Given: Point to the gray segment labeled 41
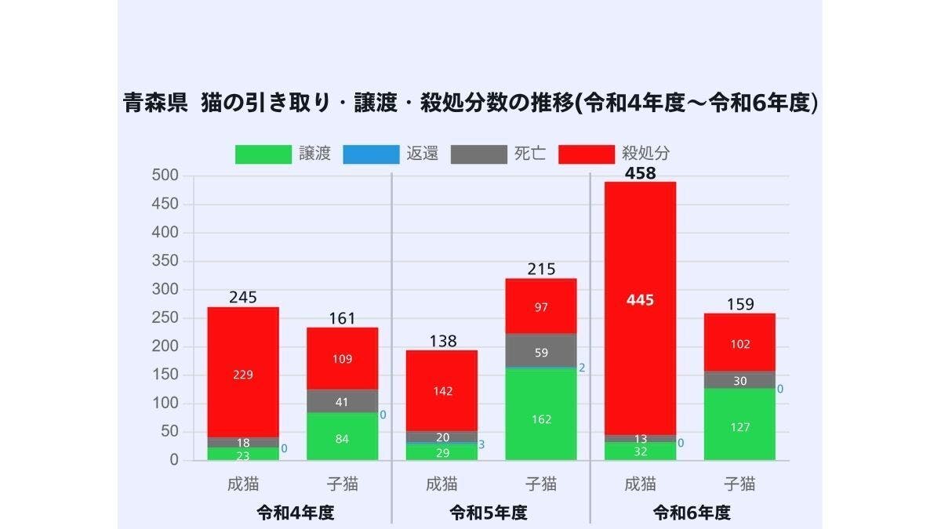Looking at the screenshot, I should [342, 401].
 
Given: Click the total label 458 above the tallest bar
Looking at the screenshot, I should [640, 173].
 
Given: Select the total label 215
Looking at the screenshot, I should [541, 269].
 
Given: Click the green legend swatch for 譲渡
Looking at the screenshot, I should [263, 154].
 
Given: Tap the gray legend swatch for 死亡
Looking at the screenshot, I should [479, 154].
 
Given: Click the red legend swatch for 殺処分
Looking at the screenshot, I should [587, 154].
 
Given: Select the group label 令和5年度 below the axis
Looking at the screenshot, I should [489, 513].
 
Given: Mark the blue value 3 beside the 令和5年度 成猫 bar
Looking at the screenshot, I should [481, 445].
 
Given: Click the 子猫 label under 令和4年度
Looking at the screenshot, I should [342, 484].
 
